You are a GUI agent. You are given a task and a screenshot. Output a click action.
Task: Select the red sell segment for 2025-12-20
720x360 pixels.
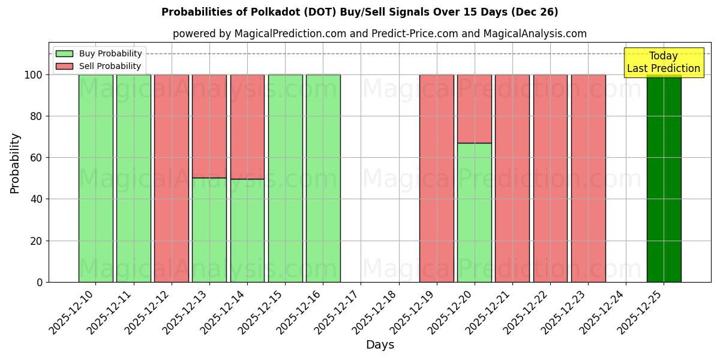(x=475, y=109)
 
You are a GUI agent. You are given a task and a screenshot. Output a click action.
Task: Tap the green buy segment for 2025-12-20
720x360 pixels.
(x=475, y=212)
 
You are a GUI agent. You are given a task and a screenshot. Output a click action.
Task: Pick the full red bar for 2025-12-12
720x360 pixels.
(x=172, y=178)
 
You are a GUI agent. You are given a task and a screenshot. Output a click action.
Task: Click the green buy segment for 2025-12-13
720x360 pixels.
(x=209, y=230)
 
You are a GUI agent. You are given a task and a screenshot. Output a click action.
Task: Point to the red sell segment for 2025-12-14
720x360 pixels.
(x=247, y=127)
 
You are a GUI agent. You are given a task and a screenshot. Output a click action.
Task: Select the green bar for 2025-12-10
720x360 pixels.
(x=96, y=178)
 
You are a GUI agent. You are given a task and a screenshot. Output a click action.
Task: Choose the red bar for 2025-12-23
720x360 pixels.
(x=588, y=178)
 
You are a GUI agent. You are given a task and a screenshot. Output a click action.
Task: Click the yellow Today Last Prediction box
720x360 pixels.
(x=664, y=62)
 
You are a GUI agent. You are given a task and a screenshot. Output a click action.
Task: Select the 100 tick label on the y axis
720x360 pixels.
(x=33, y=75)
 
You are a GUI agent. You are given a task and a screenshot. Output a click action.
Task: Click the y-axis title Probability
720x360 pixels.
(x=16, y=163)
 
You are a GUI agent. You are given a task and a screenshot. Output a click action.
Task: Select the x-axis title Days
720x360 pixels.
(x=380, y=345)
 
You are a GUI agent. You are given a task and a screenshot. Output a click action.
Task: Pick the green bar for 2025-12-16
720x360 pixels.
(x=323, y=178)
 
